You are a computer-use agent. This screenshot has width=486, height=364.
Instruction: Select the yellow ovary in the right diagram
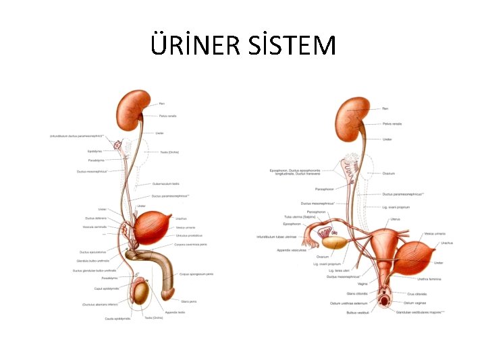333,242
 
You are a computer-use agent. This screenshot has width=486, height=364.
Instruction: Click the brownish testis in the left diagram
140,293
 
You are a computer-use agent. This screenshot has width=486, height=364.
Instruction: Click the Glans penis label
189,301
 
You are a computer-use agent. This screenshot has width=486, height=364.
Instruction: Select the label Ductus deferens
96,218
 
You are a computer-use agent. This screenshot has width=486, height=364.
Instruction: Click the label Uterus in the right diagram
396,218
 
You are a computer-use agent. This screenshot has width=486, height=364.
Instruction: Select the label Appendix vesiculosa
291,249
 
